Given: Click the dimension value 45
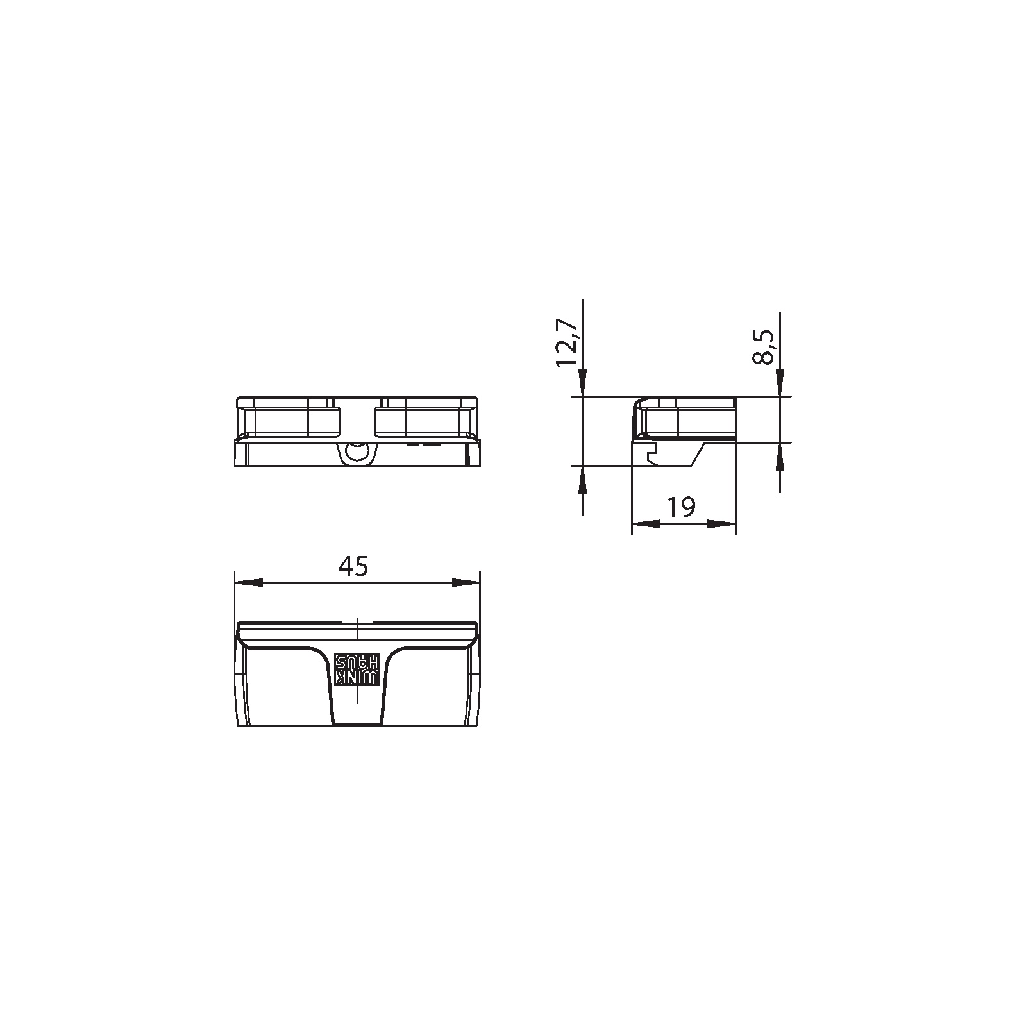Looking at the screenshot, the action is pyautogui.click(x=353, y=566).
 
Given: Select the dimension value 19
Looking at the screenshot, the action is pyautogui.click(x=681, y=507).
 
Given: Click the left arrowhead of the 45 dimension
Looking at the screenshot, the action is pyautogui.click(x=249, y=582).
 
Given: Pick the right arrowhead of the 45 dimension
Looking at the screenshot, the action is pyautogui.click(x=466, y=582).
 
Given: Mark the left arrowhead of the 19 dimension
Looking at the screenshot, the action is pyautogui.click(x=646, y=524).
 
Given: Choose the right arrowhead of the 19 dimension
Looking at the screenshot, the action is pyautogui.click(x=721, y=524).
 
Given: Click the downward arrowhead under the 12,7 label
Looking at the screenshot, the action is pyautogui.click(x=582, y=383).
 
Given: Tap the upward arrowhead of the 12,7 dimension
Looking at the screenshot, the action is pyautogui.click(x=582, y=480).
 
